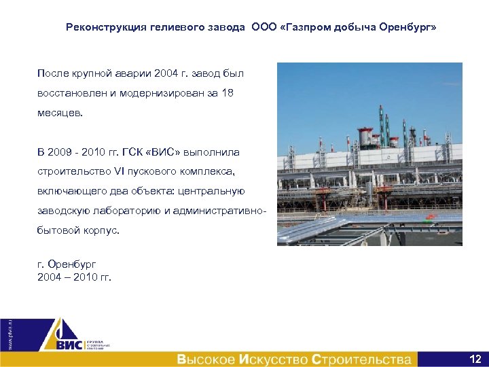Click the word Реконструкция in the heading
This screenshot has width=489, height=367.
(x=104, y=28)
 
